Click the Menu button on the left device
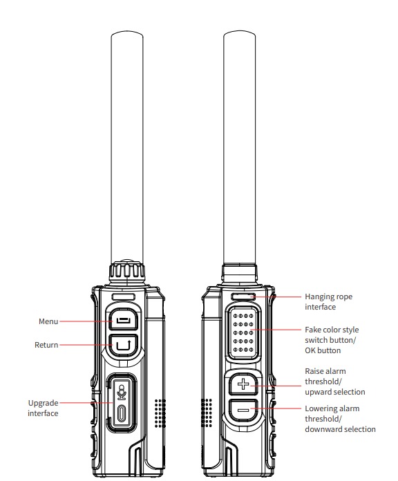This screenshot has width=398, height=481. pos(122,321)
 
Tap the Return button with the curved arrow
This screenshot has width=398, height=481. pos(122,343)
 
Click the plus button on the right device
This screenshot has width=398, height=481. pos(243,384)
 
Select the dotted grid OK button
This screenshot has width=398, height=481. pos(243,334)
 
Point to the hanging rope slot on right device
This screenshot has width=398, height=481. pos(243,296)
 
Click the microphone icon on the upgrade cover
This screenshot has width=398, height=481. pos(122,392)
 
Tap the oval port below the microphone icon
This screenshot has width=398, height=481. pos(122,414)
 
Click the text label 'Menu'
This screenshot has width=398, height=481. pos(48,321)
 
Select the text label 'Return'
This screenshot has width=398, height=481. pos(46,344)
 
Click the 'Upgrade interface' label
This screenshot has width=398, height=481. pos(44,408)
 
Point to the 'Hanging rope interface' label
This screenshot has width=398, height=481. pos(328,302)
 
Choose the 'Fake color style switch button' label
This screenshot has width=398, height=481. pos(332,340)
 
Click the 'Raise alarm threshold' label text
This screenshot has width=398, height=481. pos(334,381)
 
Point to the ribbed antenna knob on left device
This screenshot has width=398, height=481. pos(128,272)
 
